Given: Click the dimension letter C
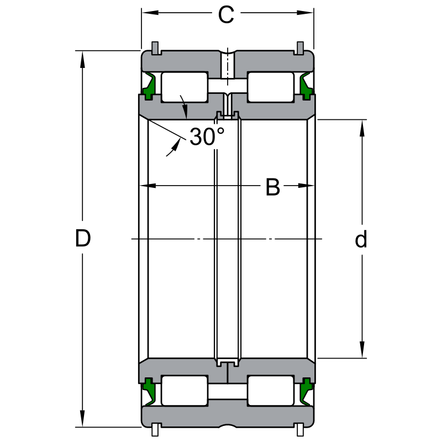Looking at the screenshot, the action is (226, 15).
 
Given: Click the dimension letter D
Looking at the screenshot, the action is (83, 238).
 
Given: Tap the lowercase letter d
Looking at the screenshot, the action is (361, 239).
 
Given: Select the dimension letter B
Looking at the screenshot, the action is (273, 187).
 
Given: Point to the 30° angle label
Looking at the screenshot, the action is (207, 136).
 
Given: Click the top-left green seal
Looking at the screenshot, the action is (149, 86).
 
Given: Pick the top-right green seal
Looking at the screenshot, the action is (306, 86).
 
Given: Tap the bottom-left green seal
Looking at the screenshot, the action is (149, 392).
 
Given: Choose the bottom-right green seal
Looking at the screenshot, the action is (306, 392).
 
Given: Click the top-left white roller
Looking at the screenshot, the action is (185, 87).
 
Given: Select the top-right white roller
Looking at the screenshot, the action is (271, 87).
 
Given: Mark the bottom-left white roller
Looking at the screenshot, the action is (185, 391).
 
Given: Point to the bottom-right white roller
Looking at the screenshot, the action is (271, 391).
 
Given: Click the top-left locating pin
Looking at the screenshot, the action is (155, 48).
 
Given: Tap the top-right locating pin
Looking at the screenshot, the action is (300, 48).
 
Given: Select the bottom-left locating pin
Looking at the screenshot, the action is (155, 430).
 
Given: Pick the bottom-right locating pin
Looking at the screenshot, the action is (300, 430).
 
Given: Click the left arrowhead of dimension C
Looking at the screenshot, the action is (150, 13).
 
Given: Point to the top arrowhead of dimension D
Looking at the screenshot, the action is (82, 60).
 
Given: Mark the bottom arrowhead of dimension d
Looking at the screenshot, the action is (362, 350).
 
